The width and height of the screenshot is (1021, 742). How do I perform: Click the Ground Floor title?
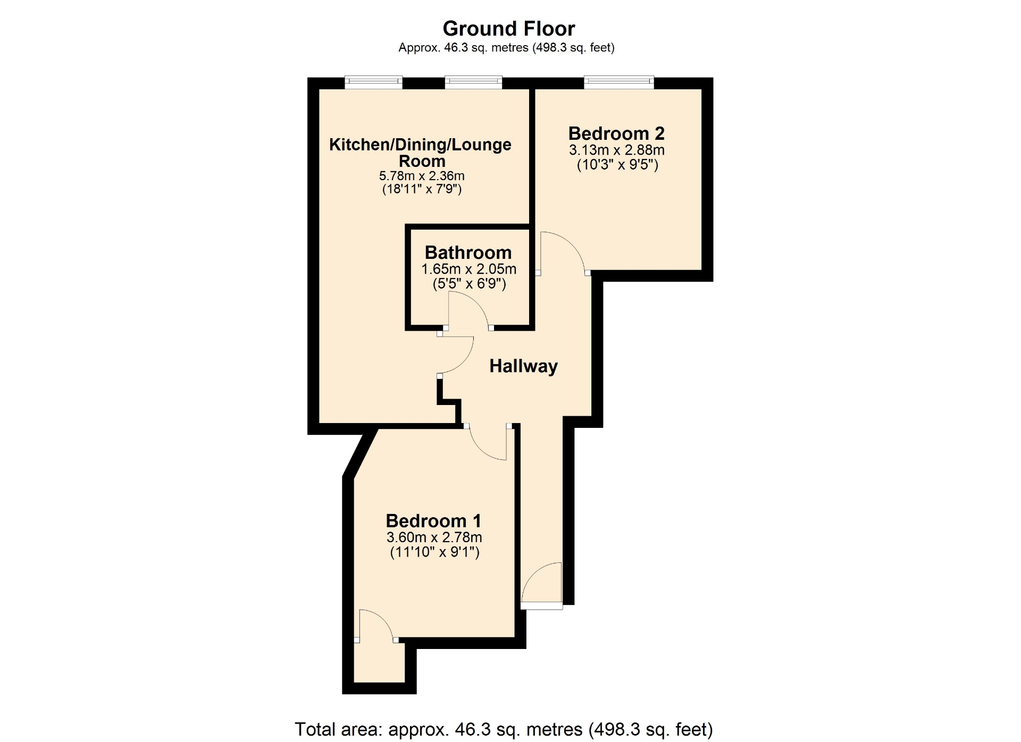[509, 28]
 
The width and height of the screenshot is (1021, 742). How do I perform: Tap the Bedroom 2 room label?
[616, 133]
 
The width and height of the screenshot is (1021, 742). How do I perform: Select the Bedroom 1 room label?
[433, 520]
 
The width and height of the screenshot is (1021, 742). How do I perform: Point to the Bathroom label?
[468, 252]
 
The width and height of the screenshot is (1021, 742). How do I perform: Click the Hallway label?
[523, 366]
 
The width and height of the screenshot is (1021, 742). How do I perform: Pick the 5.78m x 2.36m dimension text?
[422, 175]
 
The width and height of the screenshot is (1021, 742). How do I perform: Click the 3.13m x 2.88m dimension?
[617, 150]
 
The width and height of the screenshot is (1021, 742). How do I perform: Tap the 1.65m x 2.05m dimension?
[468, 269]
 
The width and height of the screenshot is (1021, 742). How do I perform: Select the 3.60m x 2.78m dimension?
[434, 537]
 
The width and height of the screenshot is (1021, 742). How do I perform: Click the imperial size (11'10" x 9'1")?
[434, 552]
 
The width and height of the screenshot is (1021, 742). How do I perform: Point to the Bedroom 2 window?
[619, 82]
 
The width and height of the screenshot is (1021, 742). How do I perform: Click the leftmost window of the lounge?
[373, 82]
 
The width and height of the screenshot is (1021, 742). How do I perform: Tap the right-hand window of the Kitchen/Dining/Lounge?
[473, 82]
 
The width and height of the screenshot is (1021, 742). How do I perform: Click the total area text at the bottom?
[504, 729]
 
